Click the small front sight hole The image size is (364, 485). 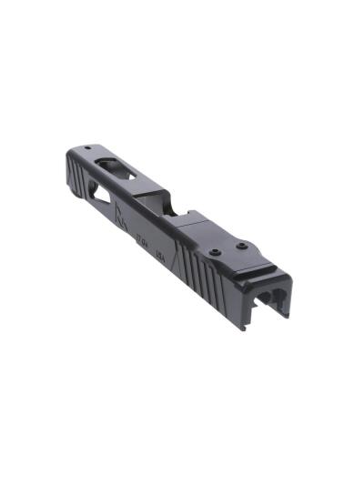[88, 147]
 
